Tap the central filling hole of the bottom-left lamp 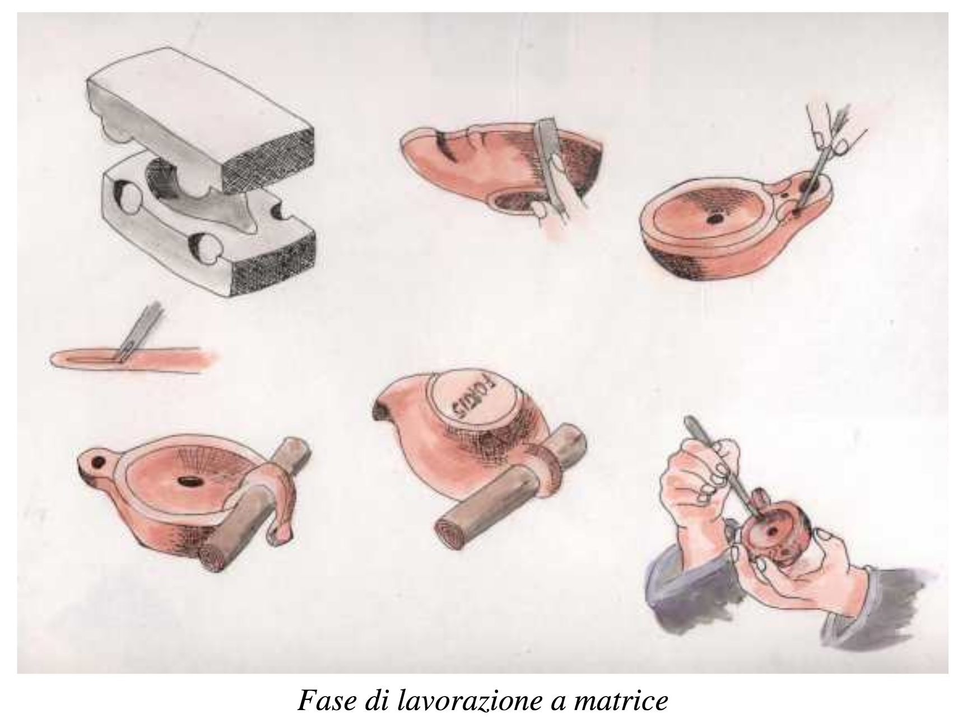coord(185,480)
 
